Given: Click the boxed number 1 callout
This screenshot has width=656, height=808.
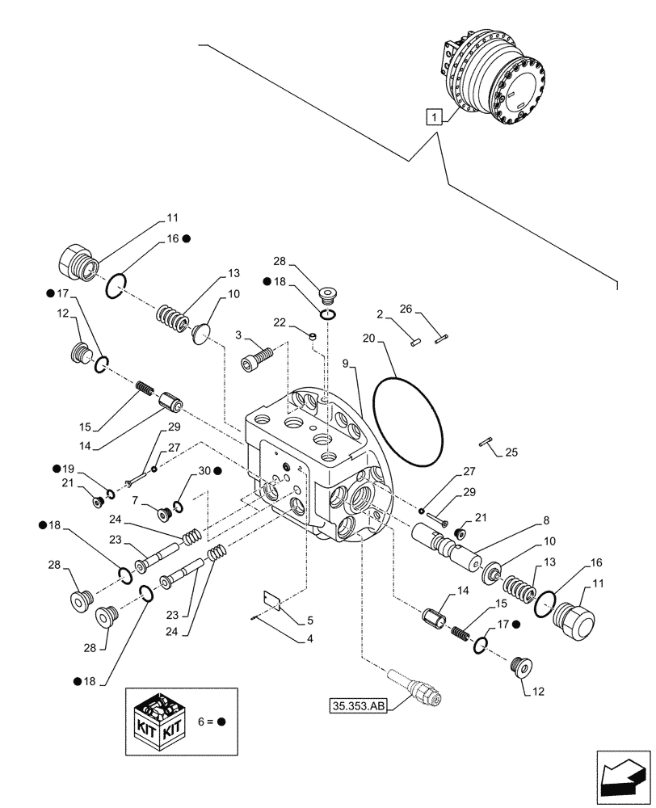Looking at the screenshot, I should pyautogui.click(x=435, y=117).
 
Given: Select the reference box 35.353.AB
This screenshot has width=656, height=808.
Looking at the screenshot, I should pyautogui.click(x=359, y=705).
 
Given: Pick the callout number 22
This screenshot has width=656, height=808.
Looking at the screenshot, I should pyautogui.click(x=280, y=323).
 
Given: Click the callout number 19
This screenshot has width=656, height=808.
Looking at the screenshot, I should pyautogui.click(x=68, y=469).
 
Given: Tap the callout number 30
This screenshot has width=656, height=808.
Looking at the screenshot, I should pyautogui.click(x=203, y=470).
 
